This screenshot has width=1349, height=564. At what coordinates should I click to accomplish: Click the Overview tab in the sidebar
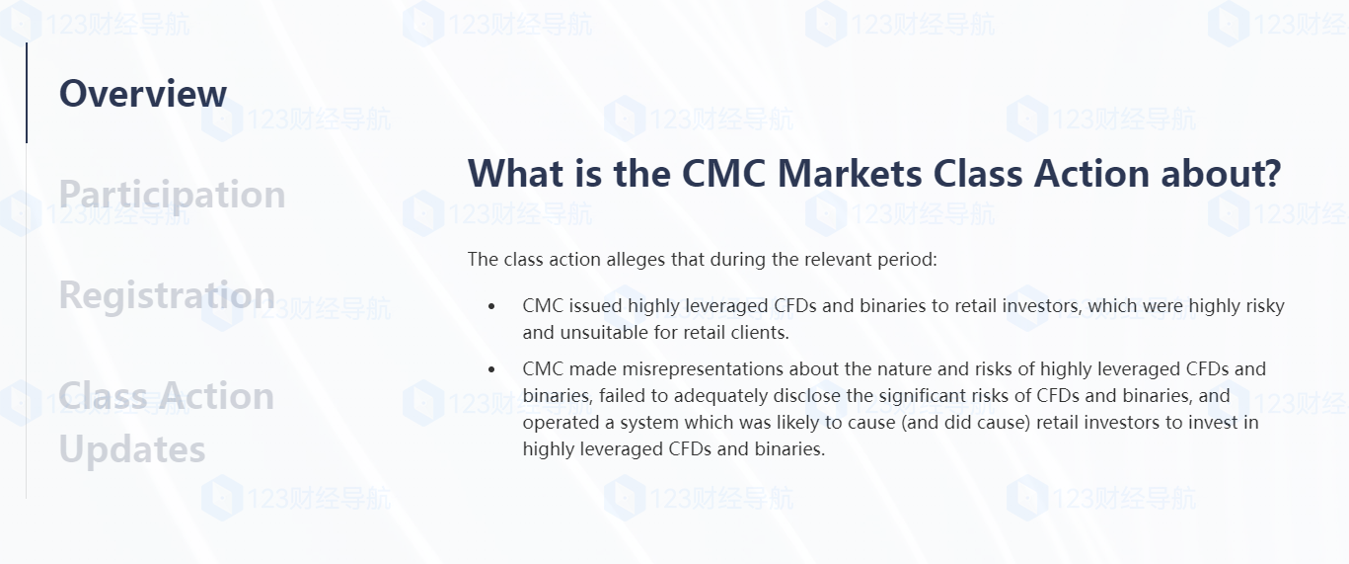click(143, 94)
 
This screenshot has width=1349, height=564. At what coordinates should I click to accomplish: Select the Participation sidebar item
click(173, 196)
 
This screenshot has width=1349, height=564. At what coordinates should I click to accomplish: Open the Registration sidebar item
click(167, 296)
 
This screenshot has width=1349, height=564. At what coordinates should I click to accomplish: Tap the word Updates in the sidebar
click(132, 450)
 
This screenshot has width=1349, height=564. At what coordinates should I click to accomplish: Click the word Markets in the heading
click(849, 174)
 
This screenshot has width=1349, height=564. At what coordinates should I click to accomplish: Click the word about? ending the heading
click(1221, 174)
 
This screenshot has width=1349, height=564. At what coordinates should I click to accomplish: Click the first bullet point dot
click(491, 307)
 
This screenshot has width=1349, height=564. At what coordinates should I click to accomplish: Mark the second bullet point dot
click(491, 369)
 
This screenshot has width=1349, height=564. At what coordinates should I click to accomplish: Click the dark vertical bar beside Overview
click(27, 93)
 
